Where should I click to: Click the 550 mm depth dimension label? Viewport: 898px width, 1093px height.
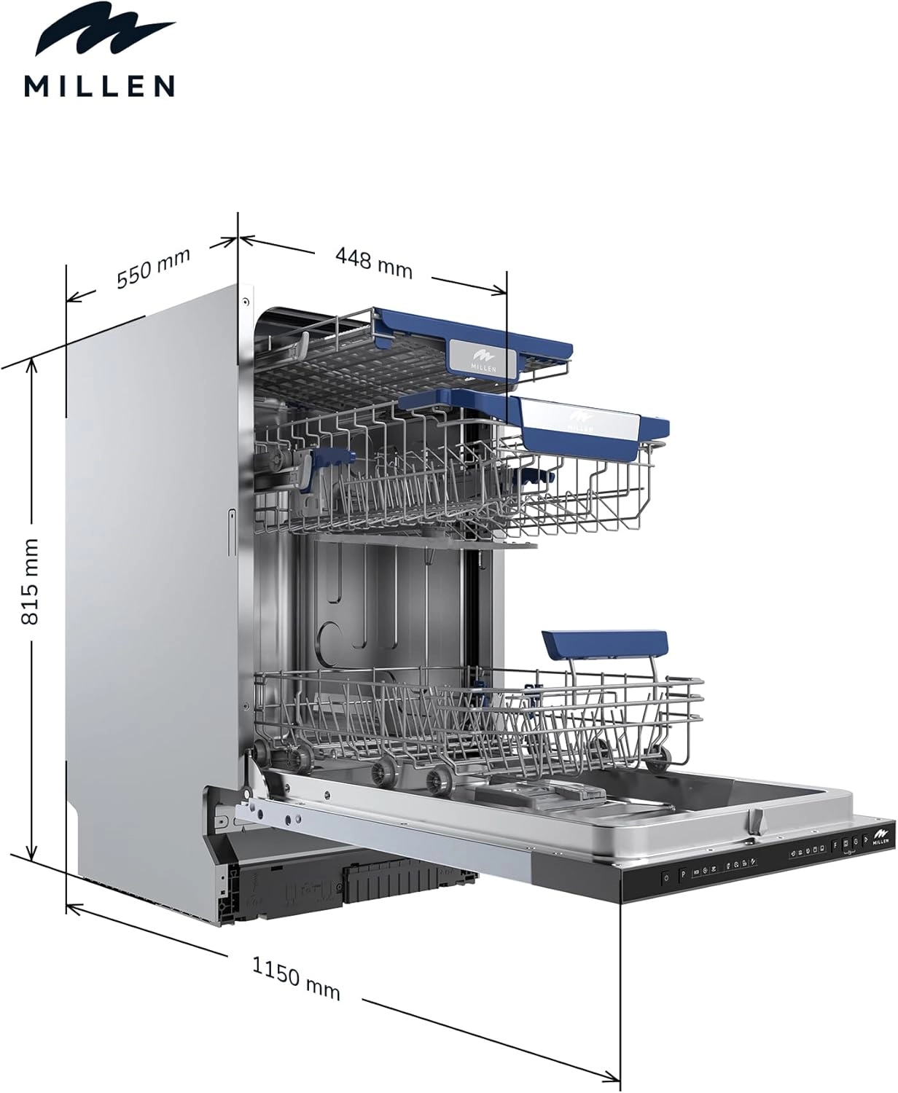154,268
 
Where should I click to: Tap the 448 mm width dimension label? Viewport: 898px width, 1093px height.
374,262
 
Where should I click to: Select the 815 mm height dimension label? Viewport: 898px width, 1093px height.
30,581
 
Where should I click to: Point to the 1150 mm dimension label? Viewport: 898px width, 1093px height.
296,977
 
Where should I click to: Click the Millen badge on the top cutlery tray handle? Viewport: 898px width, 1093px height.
483,357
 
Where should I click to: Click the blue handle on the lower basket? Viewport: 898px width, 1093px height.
605,643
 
